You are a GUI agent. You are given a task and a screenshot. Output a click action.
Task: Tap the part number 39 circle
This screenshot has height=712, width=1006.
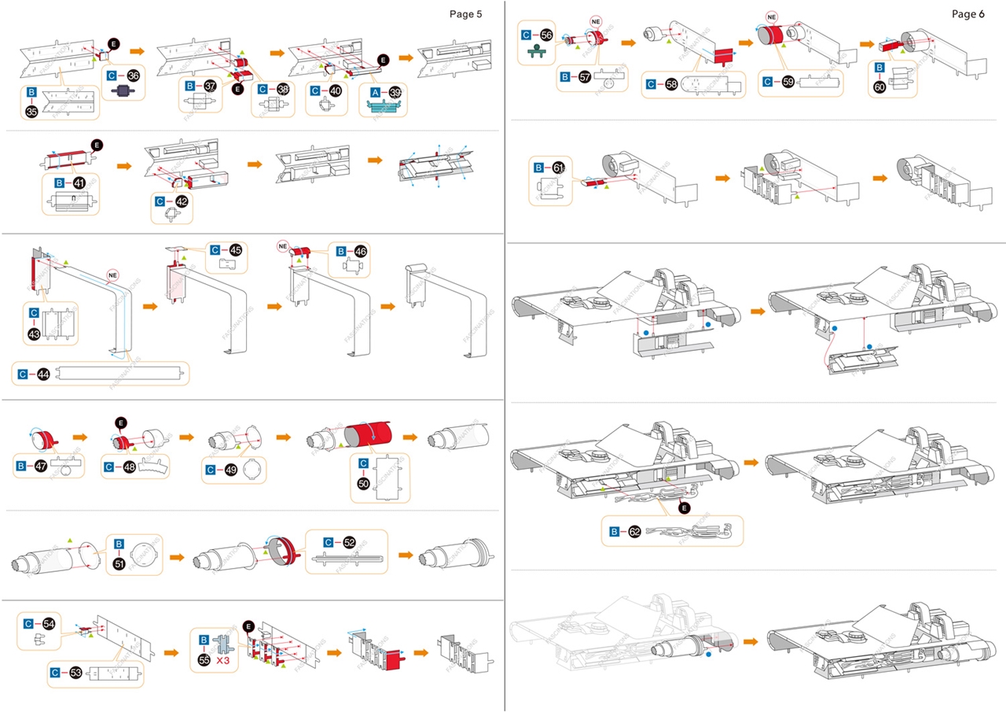395,91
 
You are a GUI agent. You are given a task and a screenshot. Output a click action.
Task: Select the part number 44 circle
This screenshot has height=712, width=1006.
43,374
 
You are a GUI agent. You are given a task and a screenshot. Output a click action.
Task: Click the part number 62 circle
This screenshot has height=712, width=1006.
634,532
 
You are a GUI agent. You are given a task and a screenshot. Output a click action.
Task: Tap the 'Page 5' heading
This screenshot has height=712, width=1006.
466,13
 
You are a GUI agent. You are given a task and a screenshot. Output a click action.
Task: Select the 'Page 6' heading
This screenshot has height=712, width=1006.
968,14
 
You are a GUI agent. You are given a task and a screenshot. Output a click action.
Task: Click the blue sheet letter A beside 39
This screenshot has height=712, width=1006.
374,91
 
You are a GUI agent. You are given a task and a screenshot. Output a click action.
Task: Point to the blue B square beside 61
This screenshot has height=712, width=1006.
538,168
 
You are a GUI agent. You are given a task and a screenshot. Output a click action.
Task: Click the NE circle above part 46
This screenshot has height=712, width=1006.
283,246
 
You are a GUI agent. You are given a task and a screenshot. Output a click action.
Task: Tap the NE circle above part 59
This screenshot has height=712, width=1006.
771,16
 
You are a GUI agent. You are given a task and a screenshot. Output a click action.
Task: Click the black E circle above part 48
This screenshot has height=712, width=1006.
120,422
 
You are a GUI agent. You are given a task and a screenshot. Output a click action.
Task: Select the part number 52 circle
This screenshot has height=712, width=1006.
349,542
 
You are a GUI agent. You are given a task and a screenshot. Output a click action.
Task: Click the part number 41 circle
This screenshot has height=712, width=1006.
79,183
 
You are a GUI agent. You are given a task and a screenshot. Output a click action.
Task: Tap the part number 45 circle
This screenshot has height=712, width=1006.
235,250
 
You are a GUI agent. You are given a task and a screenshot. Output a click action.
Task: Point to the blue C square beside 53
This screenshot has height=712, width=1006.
56,673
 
